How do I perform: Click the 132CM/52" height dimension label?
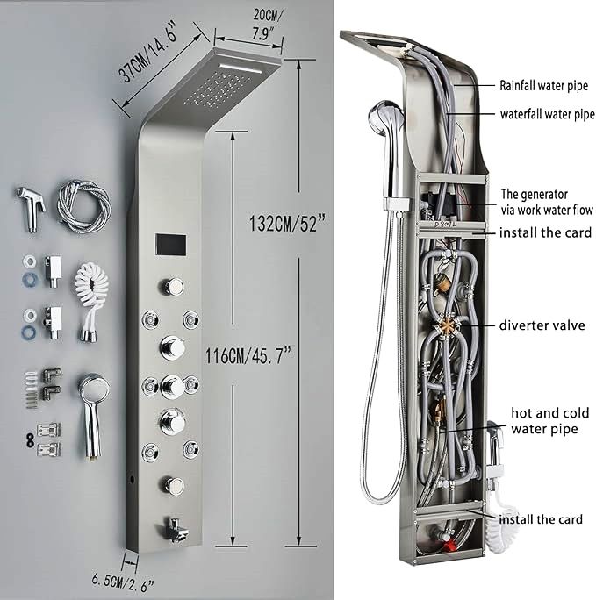(x=287, y=223)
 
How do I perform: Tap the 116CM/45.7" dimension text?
(x=248, y=356)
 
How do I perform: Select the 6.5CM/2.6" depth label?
(x=123, y=582)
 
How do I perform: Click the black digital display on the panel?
(x=170, y=246)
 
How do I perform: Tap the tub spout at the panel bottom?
(x=175, y=529)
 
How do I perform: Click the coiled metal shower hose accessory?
(x=84, y=207)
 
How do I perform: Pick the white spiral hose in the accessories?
(x=91, y=303)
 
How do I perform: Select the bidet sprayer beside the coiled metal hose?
(x=32, y=209)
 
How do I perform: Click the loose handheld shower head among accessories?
(x=93, y=413)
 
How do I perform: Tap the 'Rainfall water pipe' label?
(x=543, y=86)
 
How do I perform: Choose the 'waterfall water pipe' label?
(x=548, y=114)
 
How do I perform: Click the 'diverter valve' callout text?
(x=542, y=325)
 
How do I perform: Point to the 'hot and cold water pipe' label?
(x=549, y=421)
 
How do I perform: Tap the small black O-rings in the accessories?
(x=30, y=440)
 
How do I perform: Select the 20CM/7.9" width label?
(x=268, y=25)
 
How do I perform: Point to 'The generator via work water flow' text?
(x=547, y=202)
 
